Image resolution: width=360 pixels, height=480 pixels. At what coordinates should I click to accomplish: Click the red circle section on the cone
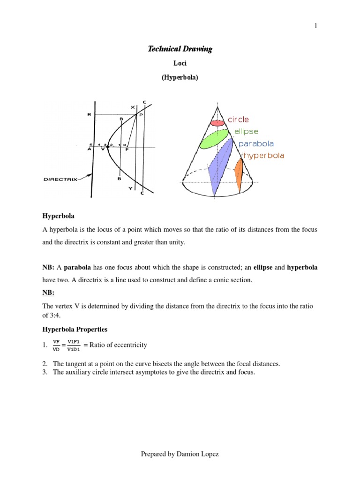pos(217,123)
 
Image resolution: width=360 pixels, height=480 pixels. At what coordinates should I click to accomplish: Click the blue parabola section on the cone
pos(221,165)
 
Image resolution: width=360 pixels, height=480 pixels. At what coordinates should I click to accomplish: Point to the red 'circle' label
pos(239,120)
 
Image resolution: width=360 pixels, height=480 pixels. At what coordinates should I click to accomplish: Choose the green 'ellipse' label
pos(246,132)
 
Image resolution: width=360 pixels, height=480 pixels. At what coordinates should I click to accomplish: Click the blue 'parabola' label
pos(256,144)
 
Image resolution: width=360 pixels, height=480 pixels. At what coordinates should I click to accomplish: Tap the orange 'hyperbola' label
pos(263,156)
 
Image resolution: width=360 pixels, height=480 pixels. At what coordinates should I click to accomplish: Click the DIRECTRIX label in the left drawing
pos(60,179)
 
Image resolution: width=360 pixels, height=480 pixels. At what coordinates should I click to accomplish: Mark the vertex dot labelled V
pos(108,147)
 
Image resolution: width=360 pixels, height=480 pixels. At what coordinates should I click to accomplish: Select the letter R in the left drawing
pos(89,114)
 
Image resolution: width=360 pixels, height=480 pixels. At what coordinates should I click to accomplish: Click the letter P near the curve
pos(141,115)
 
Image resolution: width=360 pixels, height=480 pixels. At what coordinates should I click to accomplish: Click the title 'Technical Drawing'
pos(180,49)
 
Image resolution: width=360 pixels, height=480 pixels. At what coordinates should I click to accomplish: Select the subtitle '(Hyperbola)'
pos(180,78)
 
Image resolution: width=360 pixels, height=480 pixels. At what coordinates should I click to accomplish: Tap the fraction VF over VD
pos(56,345)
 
